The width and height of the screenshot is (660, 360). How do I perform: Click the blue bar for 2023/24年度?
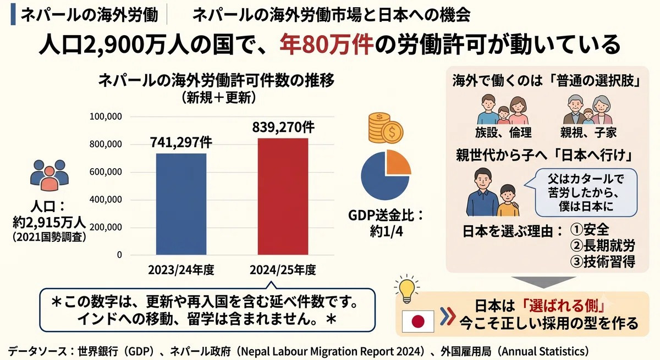pos(181,204)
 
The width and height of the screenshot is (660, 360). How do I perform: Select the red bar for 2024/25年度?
pos(283,196)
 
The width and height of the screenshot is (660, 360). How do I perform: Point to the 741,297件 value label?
pos(181,142)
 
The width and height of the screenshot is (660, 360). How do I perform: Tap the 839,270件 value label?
pos(283,127)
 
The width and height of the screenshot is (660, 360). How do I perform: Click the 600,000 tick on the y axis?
pos(106,172)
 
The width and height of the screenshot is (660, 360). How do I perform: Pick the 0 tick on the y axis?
pos(119,255)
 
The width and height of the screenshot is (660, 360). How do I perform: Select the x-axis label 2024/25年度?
pos(283,270)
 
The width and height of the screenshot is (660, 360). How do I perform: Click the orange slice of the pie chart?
pos(398,163)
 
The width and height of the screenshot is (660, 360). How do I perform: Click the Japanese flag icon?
pos(418,321)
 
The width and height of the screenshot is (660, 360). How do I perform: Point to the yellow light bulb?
pos(407,289)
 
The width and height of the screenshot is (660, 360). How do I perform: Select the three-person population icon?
pos(49,175)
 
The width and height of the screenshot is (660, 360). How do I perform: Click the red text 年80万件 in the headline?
pos(327,45)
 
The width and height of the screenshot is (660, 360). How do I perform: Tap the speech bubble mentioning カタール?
pos(582,192)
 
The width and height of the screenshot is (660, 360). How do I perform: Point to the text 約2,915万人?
pos(49,222)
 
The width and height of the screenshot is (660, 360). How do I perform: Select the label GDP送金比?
pos(386,215)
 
